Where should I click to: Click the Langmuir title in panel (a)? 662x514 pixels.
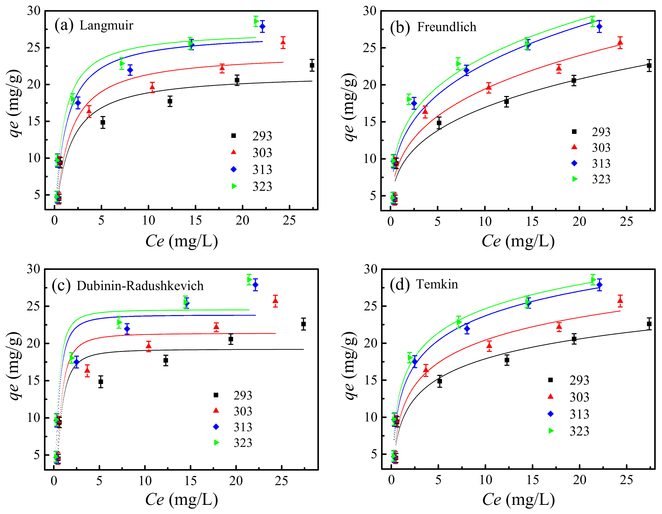coord(106,25)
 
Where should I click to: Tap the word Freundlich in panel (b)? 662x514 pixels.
coord(446,27)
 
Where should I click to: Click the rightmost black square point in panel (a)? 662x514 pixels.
coord(312,65)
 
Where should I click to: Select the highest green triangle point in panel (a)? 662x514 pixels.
coord(256,21)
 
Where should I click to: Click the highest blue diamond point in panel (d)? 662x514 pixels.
coord(599,285)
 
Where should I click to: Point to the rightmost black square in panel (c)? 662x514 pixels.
coord(304,324)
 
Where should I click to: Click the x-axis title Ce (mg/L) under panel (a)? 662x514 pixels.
coord(181,241)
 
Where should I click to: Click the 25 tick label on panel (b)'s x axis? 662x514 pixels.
coord(626,222)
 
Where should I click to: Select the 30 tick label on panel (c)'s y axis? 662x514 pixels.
coord(33,269)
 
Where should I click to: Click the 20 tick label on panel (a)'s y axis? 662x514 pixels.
coord(33,84)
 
